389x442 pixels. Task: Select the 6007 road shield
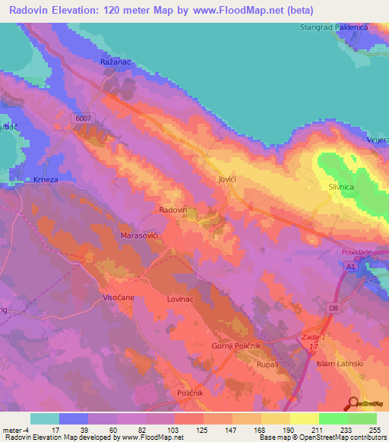click(x=84, y=118)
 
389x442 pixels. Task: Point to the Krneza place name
click(x=46, y=178)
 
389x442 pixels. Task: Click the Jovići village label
click(x=221, y=178)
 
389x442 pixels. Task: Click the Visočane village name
click(x=119, y=298)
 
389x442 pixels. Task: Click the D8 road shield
click(x=333, y=308)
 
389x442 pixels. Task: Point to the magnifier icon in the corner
click(x=353, y=403)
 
